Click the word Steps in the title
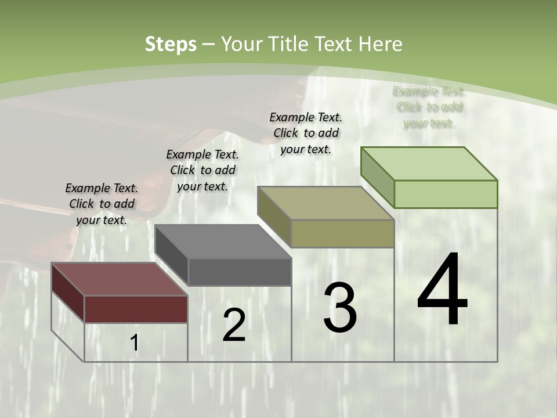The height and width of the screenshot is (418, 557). [x=171, y=44]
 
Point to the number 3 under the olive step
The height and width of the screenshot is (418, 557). [x=340, y=308]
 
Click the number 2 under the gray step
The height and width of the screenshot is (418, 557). [x=234, y=326]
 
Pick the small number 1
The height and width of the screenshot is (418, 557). [x=135, y=343]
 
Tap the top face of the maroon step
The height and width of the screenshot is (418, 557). [x=119, y=279]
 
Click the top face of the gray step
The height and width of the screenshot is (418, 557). [x=223, y=242]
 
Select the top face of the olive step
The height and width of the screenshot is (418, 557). [x=325, y=203]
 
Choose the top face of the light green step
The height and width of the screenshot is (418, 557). [x=429, y=164]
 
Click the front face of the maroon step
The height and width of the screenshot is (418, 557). [x=136, y=309]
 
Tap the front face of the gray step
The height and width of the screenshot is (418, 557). [x=239, y=272]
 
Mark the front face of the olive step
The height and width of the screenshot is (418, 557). [x=342, y=233]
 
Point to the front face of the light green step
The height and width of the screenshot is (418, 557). [x=446, y=194]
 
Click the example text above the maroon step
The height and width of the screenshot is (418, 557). [x=102, y=204]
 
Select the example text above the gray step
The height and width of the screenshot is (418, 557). [x=202, y=170]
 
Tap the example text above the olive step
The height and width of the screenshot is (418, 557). [x=306, y=133]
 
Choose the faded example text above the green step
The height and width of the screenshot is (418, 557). [x=429, y=107]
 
